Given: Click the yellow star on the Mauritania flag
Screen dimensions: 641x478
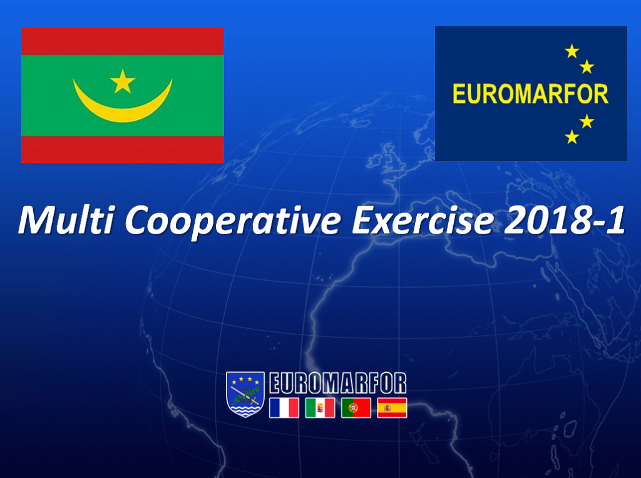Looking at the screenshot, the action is tap(123, 81).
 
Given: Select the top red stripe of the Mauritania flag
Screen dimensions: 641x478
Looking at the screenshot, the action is tap(123, 42).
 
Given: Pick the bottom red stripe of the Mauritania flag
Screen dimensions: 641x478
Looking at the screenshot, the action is tap(123, 149).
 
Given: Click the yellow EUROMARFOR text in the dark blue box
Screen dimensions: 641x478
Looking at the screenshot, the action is tap(531, 94).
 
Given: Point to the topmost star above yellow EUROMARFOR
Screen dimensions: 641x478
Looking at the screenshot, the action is tap(572, 51).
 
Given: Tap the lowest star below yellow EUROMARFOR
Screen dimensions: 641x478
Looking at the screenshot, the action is tap(572, 137).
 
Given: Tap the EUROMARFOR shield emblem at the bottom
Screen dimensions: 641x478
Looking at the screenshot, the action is tap(245, 394).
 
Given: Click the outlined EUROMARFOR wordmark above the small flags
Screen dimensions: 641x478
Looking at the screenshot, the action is tap(337, 383).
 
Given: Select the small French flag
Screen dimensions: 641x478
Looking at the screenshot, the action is tap(284, 408).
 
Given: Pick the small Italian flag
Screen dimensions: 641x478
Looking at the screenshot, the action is tap(320, 408).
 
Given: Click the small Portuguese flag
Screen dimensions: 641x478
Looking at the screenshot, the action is tap(356, 408).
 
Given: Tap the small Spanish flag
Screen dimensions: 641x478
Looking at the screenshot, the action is tap(392, 408).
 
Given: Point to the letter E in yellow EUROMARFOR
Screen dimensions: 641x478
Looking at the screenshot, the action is tap(459, 94).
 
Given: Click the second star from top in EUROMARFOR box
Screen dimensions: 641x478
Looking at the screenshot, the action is tap(587, 66).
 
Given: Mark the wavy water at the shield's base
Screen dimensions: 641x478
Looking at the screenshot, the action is tap(245, 410).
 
